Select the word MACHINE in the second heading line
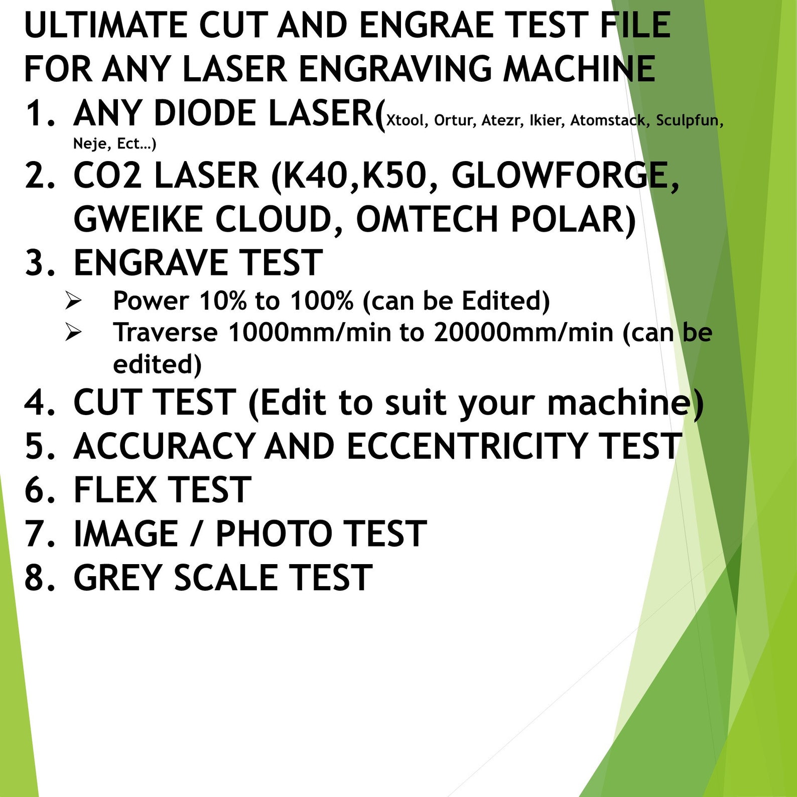[579, 69]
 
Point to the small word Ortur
[454, 120]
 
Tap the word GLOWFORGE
[565, 176]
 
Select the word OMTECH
[427, 219]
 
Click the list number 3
[37, 262]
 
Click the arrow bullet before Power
[73, 301]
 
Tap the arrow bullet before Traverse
[73, 332]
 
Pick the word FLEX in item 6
[115, 490]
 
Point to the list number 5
[37, 446]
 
